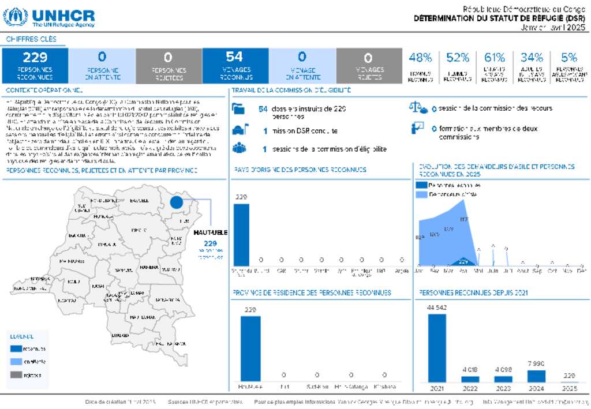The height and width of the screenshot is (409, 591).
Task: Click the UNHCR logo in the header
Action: click(x=48, y=17)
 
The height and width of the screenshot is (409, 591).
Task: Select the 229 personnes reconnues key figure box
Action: click(x=35, y=66)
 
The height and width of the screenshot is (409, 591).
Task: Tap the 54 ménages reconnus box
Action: click(x=235, y=66)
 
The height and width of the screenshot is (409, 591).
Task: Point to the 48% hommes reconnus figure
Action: click(x=420, y=58)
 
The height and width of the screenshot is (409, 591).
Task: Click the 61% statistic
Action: click(x=495, y=58)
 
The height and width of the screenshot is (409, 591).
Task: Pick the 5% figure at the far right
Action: click(x=569, y=58)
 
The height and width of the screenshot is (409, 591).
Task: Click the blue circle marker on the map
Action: click(x=176, y=202)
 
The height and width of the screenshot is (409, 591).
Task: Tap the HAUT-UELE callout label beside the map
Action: click(x=211, y=232)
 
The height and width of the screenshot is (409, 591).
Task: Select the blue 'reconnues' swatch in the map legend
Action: click(x=16, y=348)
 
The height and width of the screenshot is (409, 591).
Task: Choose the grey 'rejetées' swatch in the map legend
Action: click(x=16, y=375)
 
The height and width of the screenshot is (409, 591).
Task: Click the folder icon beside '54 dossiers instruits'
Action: click(x=238, y=108)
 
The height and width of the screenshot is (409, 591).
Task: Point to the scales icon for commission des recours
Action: click(x=418, y=108)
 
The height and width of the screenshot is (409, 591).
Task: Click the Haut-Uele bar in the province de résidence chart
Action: click(x=250, y=348)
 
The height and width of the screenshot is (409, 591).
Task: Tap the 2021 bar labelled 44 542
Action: click(x=437, y=348)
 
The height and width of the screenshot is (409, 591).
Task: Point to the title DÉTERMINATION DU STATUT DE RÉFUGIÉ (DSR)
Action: click(x=499, y=18)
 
